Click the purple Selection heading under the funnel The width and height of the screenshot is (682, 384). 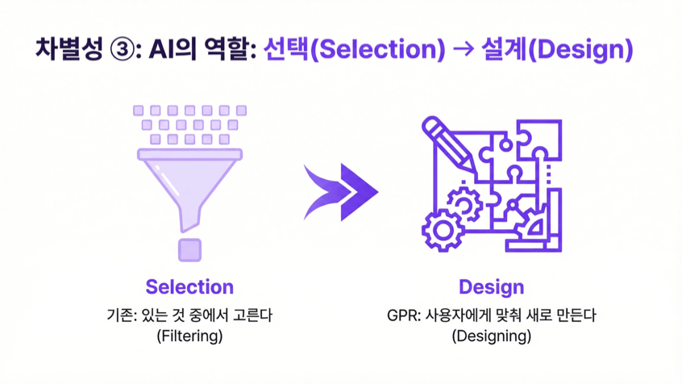pos(189,287)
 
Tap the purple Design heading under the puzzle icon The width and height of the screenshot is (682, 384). pos(492,287)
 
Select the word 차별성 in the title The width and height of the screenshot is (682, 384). pos(69,48)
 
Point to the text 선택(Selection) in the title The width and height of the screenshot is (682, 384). pos(355,49)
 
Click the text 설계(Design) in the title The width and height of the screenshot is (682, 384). pos(557,49)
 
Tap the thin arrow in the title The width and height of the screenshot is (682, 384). pos(464,49)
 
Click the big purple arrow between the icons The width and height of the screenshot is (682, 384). pos(340,192)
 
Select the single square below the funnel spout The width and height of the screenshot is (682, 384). pos(189,250)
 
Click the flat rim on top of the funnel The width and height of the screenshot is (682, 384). pos(189,154)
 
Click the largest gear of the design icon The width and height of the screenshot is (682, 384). pos(443,230)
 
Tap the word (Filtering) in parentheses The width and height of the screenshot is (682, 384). pos(189,336)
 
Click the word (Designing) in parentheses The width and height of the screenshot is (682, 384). pos(492,336)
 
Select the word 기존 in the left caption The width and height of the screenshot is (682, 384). pos(119,315)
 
